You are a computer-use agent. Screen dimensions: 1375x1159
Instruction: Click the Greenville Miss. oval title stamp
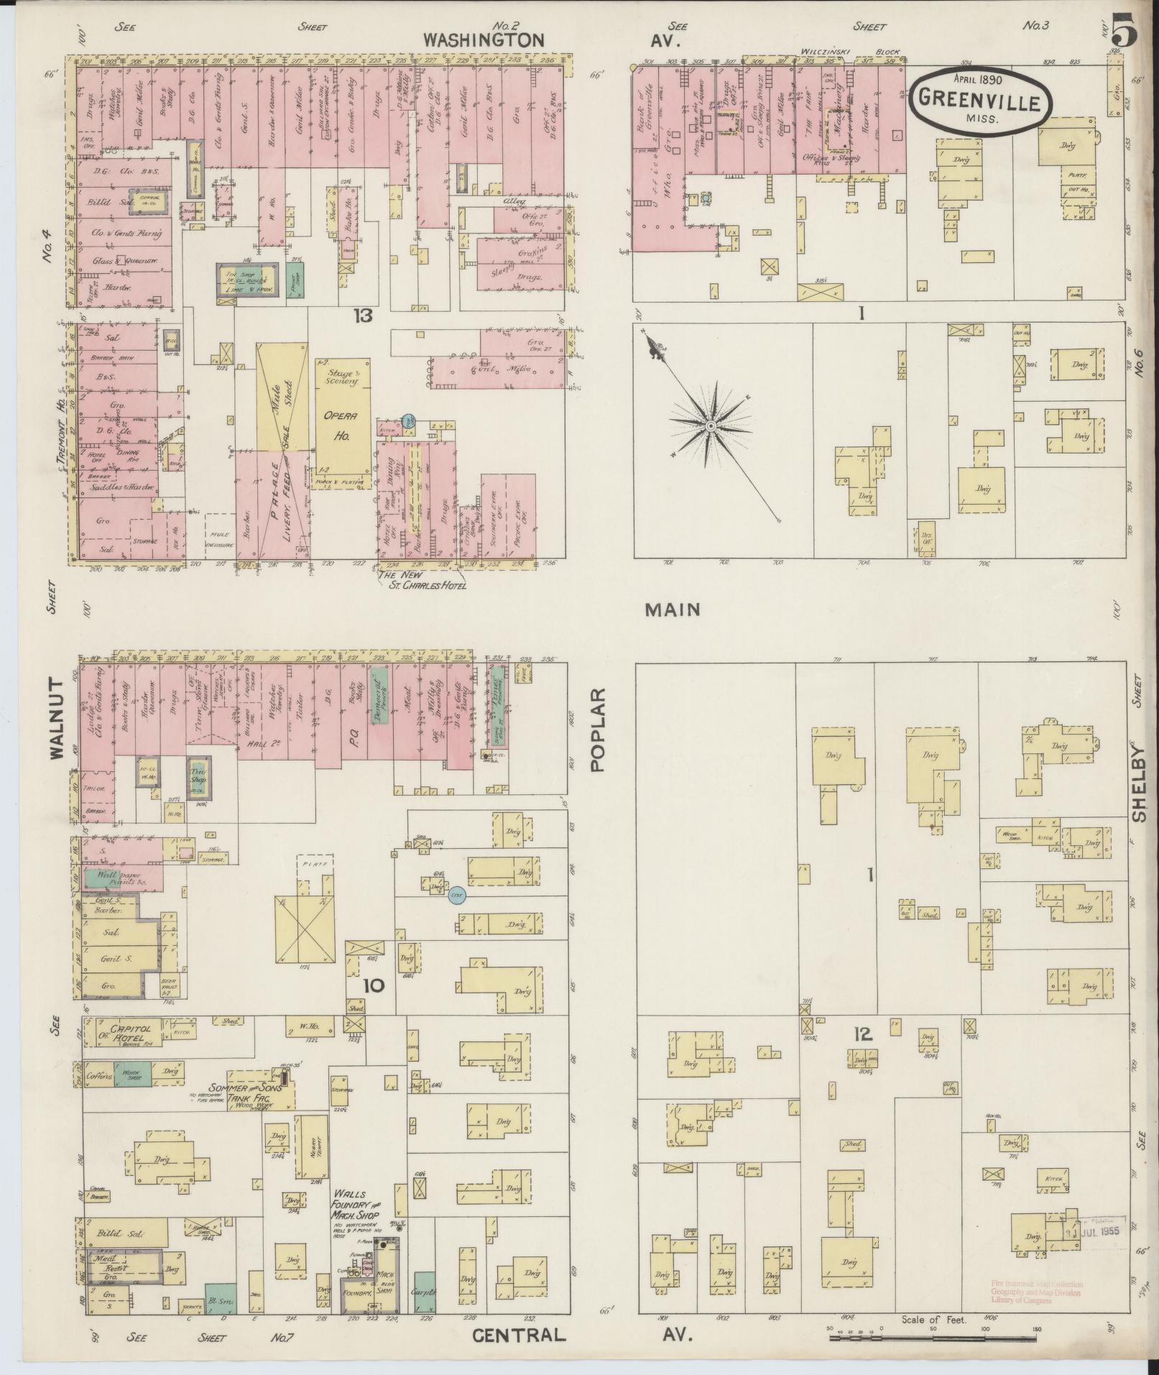tap(980, 101)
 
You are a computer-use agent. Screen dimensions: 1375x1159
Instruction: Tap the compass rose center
tap(710, 426)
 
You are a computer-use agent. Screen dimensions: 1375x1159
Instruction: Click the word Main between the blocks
tap(673, 610)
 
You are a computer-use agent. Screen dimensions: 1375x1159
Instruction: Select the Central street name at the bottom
tap(520, 1335)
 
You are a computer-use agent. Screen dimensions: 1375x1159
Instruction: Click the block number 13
tap(362, 315)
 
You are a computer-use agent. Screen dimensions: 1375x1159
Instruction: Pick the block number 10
tap(374, 986)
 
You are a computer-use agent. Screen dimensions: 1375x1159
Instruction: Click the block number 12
tap(862, 1034)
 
